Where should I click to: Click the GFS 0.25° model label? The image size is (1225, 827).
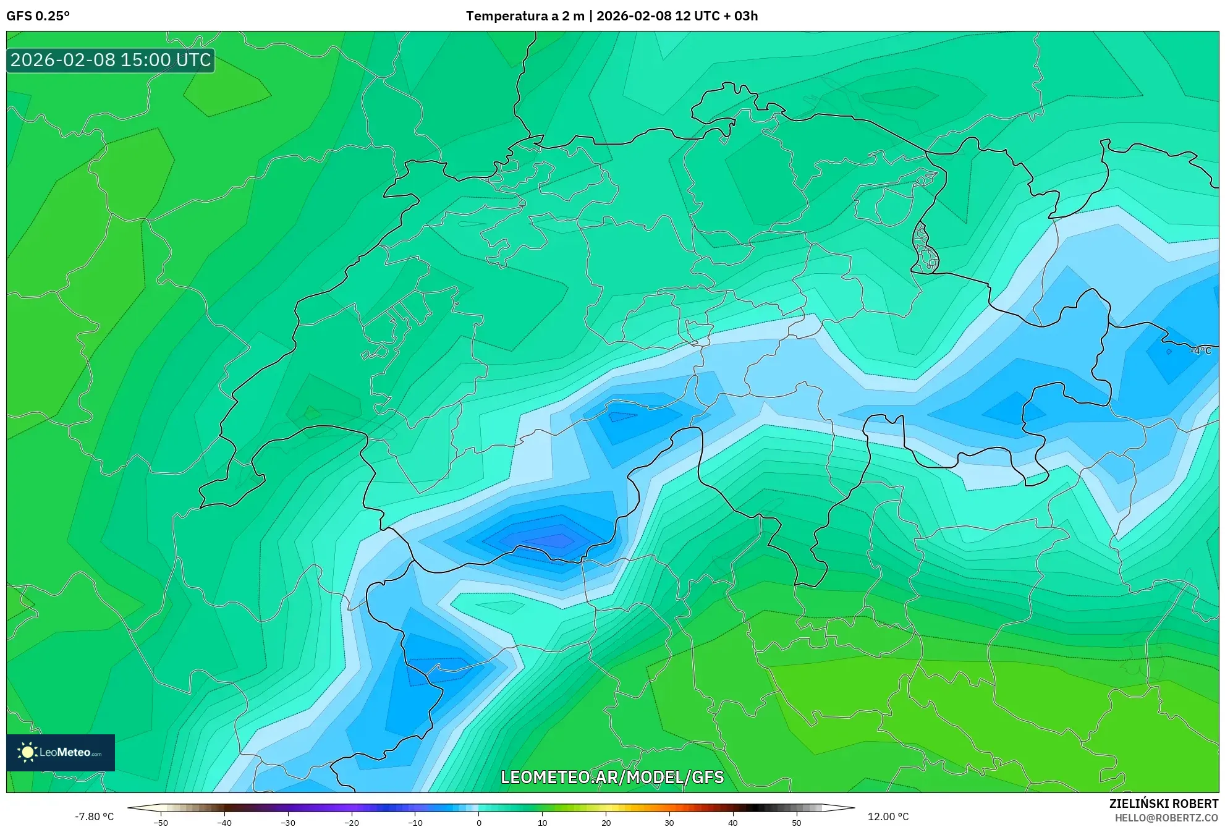coord(38,16)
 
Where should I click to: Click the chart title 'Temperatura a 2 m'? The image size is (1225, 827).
coord(525,16)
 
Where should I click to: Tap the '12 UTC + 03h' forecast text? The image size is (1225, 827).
coord(716,16)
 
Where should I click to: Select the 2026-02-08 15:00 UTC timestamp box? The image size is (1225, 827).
coord(111,61)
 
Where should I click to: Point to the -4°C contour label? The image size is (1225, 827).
coord(1200,351)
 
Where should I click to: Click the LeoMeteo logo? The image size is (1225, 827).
coord(61,752)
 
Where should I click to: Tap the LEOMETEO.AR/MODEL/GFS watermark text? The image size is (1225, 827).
coord(612,777)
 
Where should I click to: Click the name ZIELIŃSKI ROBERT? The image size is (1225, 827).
coord(1163,804)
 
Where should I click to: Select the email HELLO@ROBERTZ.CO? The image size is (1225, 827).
coord(1166,818)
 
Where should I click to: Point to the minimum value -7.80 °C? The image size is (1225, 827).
coord(94,816)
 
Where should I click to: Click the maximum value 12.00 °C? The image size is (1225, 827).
coord(888,816)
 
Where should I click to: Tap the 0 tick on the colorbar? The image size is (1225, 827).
coord(479,822)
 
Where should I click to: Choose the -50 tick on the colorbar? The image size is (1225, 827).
coord(161,822)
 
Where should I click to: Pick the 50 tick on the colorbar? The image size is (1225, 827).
coord(797,822)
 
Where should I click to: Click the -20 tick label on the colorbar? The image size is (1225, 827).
coord(351,823)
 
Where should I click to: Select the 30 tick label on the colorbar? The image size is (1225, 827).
coord(669,823)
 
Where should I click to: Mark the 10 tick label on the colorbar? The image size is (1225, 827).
coord(543,823)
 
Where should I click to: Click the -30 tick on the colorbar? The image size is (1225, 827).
coord(288,822)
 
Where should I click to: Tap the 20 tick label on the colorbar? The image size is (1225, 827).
coord(606,823)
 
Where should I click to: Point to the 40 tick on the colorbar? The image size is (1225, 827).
coord(733,822)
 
